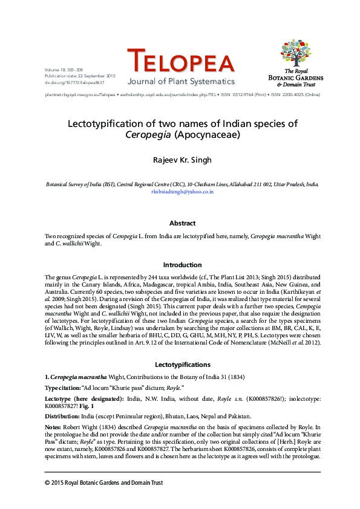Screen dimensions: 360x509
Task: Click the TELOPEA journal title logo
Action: click(x=180, y=62)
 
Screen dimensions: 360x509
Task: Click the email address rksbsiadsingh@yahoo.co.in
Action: click(x=182, y=191)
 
